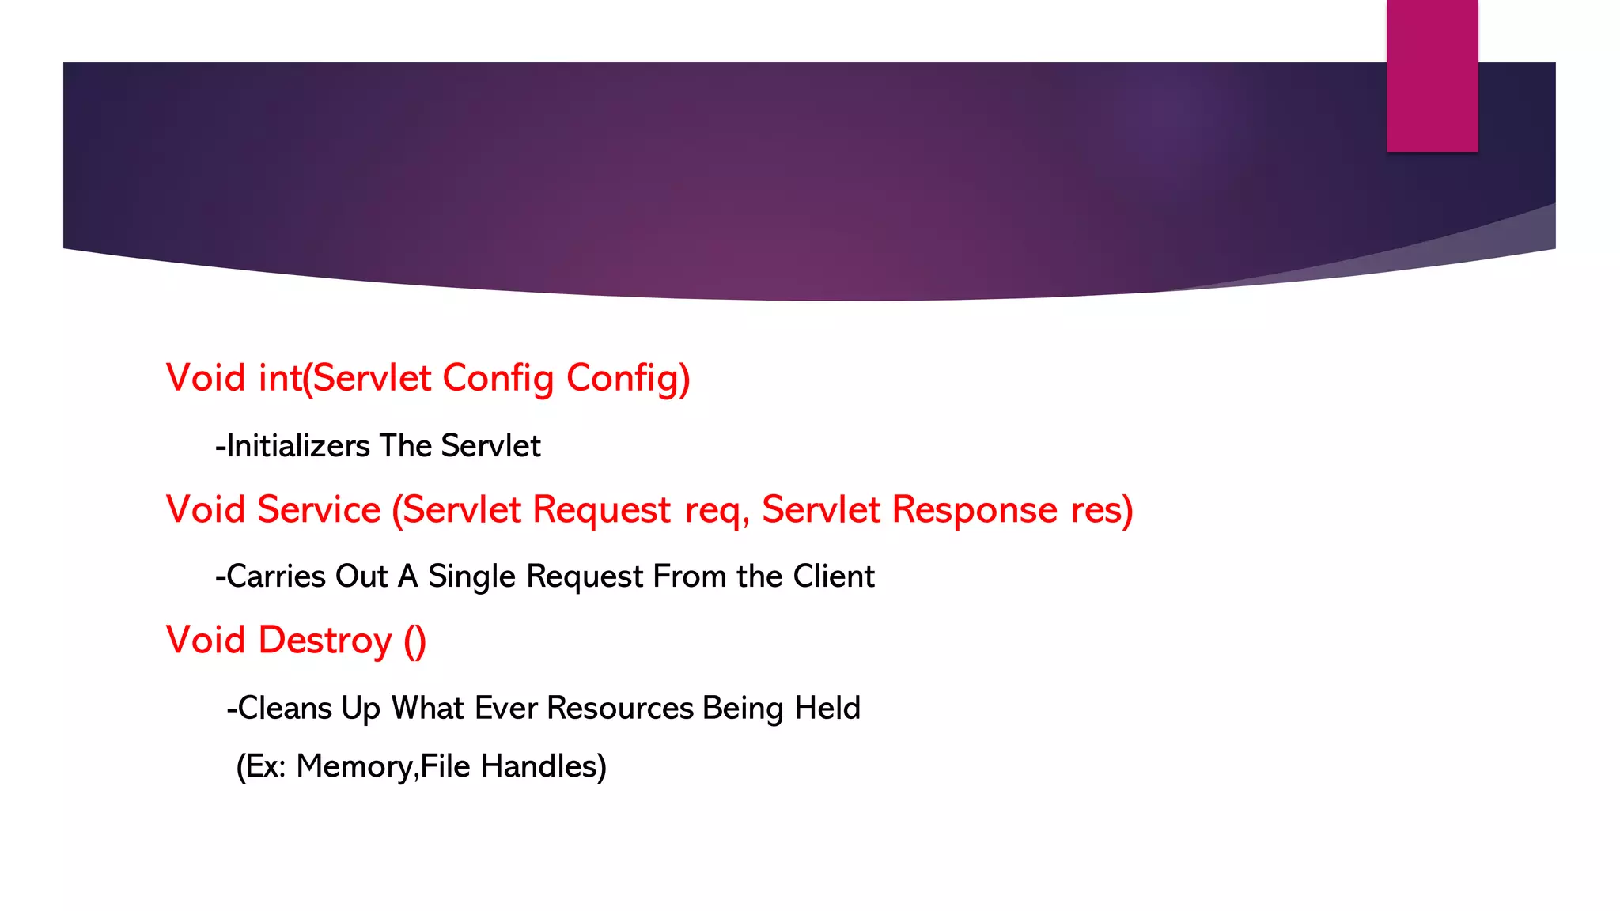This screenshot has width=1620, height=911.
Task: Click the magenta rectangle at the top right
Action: (1432, 75)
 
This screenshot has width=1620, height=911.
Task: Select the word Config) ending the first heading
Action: (628, 378)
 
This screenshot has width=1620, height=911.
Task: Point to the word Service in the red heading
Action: (319, 509)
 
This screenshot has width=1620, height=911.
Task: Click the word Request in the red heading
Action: (601, 509)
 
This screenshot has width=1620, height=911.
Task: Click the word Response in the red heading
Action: (975, 509)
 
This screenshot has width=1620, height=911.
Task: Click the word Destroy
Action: (325, 641)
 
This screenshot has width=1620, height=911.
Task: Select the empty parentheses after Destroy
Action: (415, 641)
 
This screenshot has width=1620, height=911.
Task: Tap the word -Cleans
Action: (279, 708)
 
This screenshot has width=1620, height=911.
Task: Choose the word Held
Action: (827, 708)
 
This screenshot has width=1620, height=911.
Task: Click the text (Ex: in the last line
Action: (261, 766)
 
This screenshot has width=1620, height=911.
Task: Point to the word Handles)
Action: (543, 766)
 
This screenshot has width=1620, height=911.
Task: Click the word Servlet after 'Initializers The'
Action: (490, 446)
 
